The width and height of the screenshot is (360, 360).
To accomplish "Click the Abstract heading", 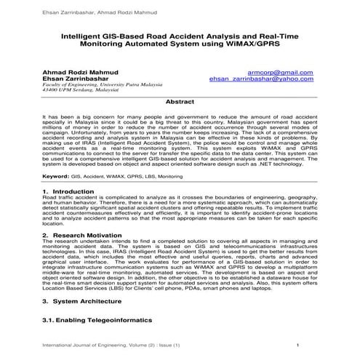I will point(180,103).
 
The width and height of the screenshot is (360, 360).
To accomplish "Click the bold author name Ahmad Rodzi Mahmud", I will point(83,73).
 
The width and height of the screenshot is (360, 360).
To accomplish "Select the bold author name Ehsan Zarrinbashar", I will point(76,79).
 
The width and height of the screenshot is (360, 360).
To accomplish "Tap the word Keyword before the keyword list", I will point(56,176).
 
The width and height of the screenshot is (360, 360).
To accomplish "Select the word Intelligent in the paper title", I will point(84,34).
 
